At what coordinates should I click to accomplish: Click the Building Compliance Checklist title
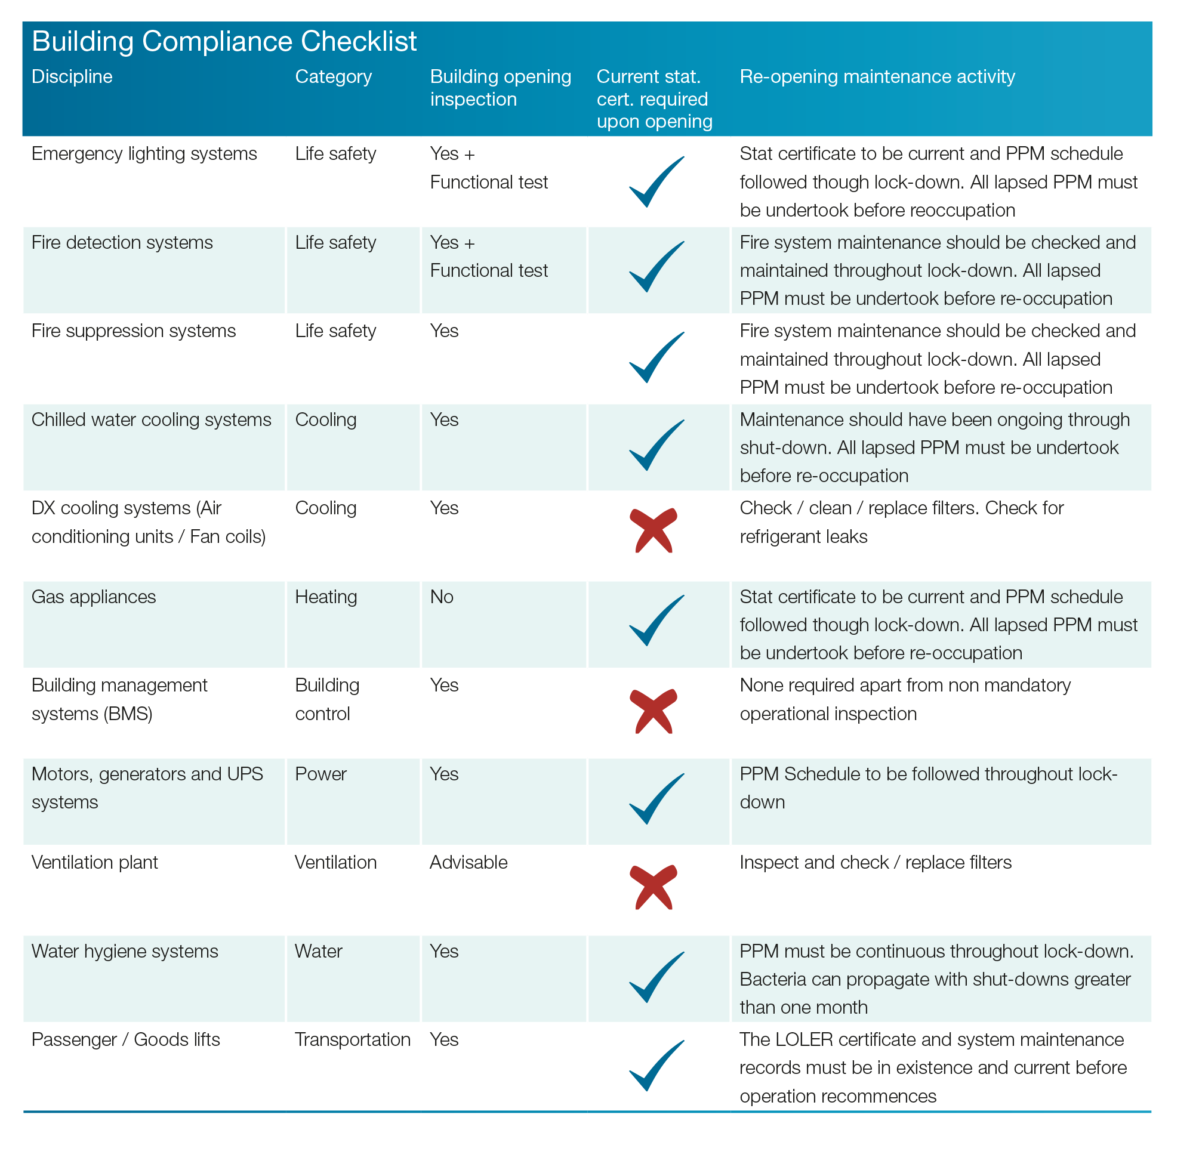[x=224, y=42]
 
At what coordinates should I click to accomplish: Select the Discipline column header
[x=72, y=76]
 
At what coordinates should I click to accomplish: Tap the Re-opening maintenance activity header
[x=877, y=77]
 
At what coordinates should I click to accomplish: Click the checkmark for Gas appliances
[x=656, y=620]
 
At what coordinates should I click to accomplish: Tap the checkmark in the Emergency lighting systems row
[x=656, y=181]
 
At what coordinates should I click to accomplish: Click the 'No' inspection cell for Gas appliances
[x=442, y=597]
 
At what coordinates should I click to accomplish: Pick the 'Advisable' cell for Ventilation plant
[x=469, y=862]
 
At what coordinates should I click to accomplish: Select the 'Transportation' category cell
[x=353, y=1039]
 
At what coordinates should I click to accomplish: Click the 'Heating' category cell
[x=326, y=597]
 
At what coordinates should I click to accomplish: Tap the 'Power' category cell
[x=321, y=774]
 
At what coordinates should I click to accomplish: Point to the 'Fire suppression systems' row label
[x=133, y=331]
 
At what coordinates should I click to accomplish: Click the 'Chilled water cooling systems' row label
[x=151, y=419]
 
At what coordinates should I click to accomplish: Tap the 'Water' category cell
[x=318, y=950]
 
